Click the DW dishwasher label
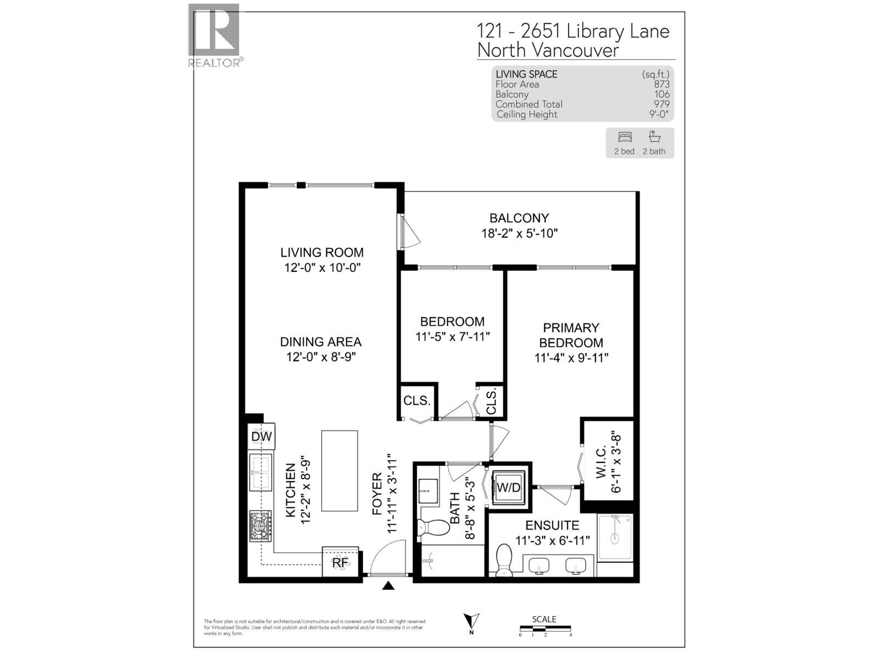point(262,437)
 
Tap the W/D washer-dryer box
point(508,488)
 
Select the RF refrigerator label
point(340,562)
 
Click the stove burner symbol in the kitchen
point(260,526)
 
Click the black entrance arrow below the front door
point(388,586)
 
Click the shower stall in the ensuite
point(615,537)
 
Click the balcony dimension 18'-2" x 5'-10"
point(520,233)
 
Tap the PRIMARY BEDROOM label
point(571,335)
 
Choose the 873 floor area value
point(661,85)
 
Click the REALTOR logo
point(214,36)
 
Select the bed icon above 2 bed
point(625,137)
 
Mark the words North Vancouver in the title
point(548,51)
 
